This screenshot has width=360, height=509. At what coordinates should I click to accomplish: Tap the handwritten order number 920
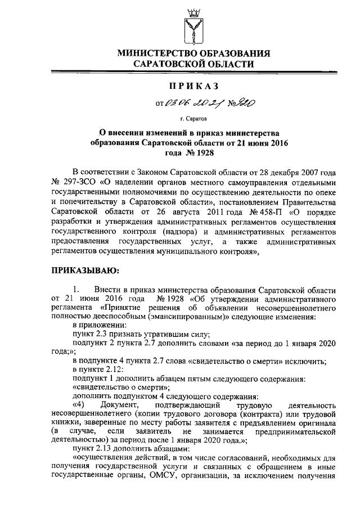point(231,102)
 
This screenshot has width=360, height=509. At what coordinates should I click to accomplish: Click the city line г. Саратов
point(193,119)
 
